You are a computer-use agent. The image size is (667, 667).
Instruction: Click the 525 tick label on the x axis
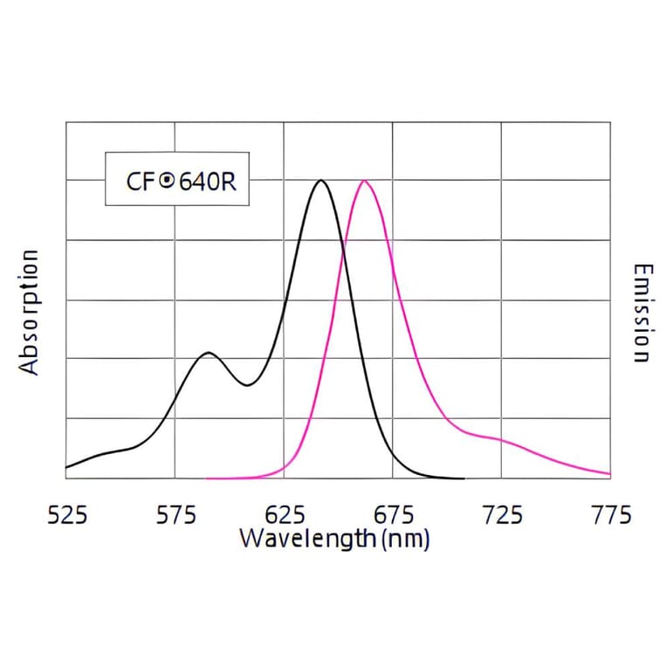point(66,515)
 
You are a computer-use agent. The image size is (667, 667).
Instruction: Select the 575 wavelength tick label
point(175,515)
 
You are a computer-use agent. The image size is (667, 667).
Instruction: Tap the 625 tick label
point(284,515)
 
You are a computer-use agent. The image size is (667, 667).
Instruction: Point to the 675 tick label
point(393,515)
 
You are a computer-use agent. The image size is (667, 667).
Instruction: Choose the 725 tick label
point(502,515)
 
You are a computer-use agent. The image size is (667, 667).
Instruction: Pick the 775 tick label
point(611,515)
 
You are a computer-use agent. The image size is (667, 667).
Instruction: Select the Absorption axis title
point(31,312)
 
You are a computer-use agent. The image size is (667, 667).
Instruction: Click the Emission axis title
point(642,312)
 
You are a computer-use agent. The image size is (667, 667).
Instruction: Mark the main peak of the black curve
point(321,181)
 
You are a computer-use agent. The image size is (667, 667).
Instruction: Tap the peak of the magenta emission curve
point(364,181)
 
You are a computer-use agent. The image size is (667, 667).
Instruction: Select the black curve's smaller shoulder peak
point(208,353)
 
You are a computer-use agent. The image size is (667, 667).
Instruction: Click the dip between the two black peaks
point(248,385)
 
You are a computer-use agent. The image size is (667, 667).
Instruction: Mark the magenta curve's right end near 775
point(609,474)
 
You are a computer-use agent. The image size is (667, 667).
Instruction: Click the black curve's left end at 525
point(67,467)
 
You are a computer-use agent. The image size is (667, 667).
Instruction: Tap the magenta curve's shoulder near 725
point(499,439)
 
